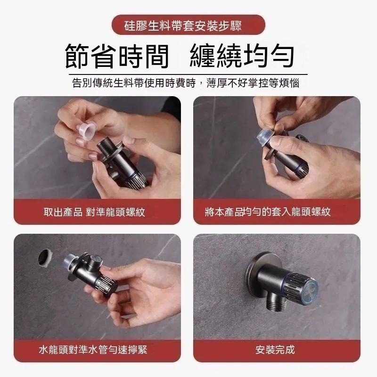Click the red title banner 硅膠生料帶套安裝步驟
[x=188, y=25]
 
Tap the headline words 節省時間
[x=116, y=55]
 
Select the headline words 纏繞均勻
[x=242, y=55]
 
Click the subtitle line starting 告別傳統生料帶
[x=186, y=83]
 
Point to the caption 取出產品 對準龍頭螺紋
[x=94, y=212]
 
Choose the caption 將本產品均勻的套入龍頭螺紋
[x=268, y=212]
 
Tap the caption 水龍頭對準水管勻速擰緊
[x=96, y=350]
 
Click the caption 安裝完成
[x=275, y=350]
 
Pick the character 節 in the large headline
[x=78, y=55]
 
